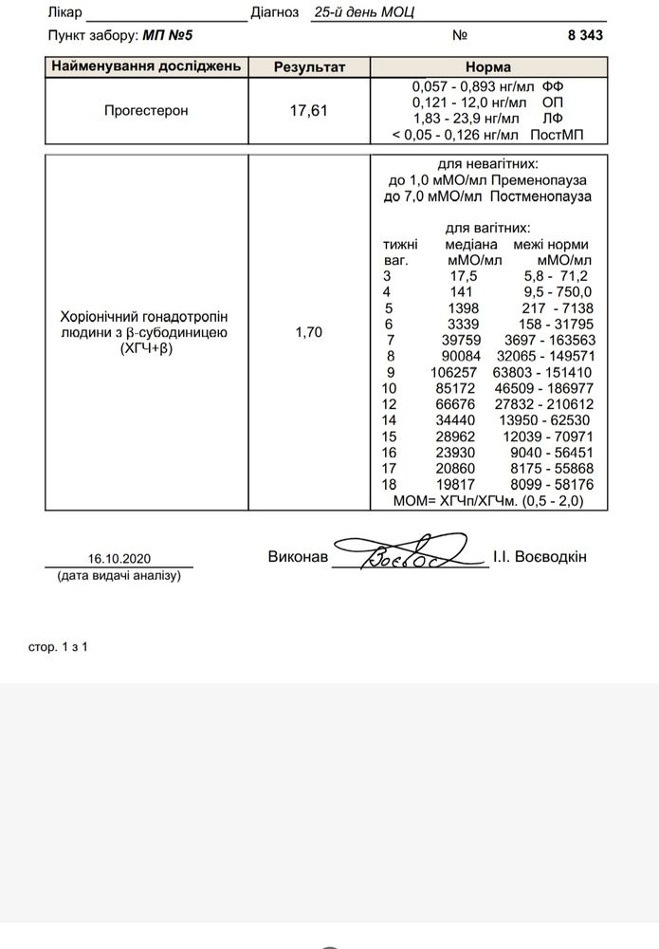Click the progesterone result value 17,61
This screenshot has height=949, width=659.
tap(308, 111)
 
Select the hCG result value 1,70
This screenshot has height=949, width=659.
tap(308, 331)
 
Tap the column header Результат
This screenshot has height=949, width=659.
tap(308, 68)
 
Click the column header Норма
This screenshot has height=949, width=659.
tap(488, 68)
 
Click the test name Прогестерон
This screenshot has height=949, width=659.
tap(146, 111)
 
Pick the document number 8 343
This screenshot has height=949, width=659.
tap(585, 36)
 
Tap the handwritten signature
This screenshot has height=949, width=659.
tap(408, 552)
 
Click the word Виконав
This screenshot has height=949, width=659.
tap(297, 557)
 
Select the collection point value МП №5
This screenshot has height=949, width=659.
tap(168, 36)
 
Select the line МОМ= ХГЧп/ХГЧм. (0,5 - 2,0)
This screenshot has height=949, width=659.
tap(489, 498)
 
